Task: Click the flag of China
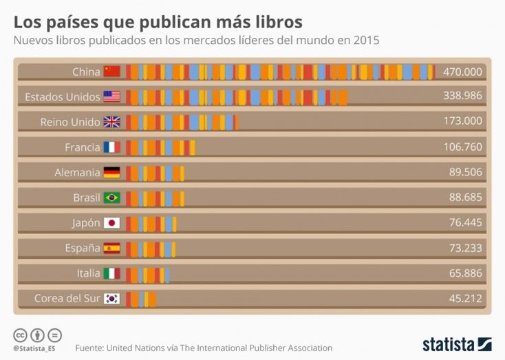(x=111, y=72)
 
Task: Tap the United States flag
(x=111, y=97)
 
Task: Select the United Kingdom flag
(x=111, y=122)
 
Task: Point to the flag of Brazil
(x=111, y=198)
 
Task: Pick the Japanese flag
(x=111, y=223)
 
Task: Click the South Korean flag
(x=111, y=299)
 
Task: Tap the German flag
(x=111, y=173)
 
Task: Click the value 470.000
(x=462, y=72)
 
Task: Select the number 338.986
(x=462, y=96)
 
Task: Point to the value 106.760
(x=462, y=147)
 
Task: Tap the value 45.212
(x=465, y=299)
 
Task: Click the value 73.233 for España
(x=465, y=248)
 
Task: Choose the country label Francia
(x=83, y=147)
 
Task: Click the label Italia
(x=89, y=273)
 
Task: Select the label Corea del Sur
(x=67, y=299)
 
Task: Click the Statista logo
(x=457, y=344)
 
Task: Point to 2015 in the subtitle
(x=365, y=41)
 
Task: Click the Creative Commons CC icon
(x=21, y=335)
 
